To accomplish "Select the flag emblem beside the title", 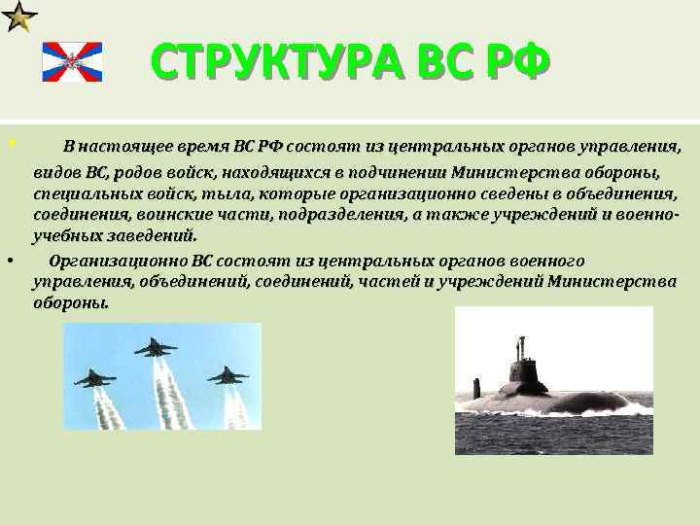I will (71, 61).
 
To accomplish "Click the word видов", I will (56, 174).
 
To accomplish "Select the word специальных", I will (77, 192).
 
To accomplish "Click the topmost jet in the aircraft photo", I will (156, 346).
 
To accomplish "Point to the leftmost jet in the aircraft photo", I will (94, 377).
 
